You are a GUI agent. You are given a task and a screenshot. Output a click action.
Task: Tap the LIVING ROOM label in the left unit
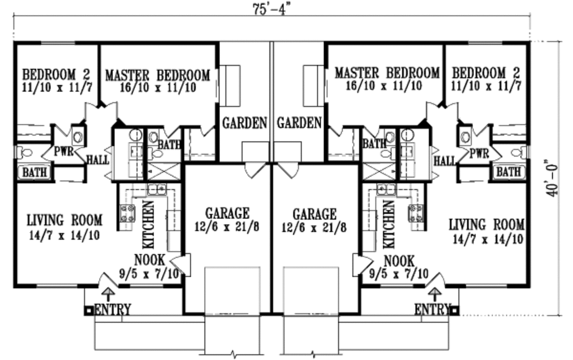coord(64,219)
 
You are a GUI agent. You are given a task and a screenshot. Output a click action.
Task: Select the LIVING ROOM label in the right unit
coord(487,225)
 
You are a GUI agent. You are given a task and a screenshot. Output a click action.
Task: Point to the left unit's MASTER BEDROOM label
coord(158,74)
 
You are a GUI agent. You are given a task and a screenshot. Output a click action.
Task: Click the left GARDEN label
coord(245,123)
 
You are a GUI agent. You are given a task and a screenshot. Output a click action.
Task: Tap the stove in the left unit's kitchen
coord(128,212)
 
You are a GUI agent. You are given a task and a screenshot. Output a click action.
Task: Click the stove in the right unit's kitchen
coord(416,212)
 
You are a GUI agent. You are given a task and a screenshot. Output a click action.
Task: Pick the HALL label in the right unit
coord(445,161)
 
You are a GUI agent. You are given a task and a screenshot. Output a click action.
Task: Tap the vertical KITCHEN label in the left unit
coord(149,224)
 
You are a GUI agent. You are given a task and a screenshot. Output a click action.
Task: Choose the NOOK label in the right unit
coord(400,261)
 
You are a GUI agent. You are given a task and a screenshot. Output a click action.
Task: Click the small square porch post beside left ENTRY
coord(88,308)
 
